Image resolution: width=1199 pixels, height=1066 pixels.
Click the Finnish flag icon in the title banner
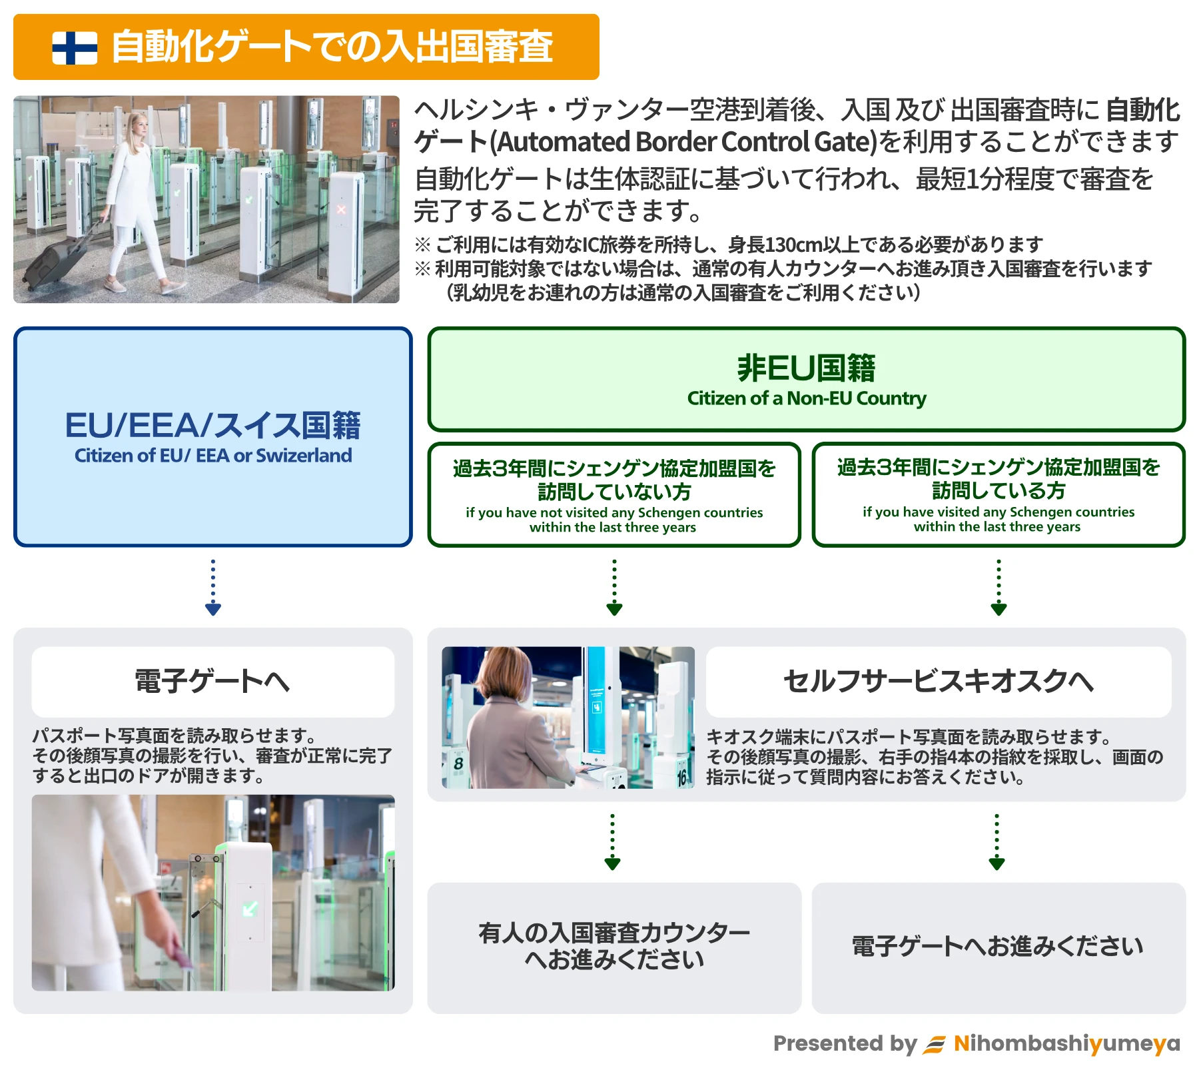75,48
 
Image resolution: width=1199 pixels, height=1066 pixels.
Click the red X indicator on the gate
341,210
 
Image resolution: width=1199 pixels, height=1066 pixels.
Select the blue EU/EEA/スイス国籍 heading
212,426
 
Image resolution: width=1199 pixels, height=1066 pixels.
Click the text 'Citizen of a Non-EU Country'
806,398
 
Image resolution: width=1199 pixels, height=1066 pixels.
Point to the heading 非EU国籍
806,368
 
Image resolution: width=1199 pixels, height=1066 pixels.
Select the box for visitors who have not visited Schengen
613,495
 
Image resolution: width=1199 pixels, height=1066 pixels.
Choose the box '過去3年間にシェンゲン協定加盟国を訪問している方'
998,495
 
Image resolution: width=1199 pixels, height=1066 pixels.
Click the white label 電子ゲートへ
212,682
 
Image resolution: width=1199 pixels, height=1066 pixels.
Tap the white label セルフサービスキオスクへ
938,682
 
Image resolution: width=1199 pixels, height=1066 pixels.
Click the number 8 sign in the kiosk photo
458,764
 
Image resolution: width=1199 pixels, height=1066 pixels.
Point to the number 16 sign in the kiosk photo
682,776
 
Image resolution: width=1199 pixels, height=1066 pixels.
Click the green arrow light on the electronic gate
250,909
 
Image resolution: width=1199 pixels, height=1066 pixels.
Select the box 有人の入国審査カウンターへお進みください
613,947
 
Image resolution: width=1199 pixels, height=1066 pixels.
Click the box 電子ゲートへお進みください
998,947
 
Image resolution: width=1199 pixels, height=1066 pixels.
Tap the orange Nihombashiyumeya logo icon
934,1044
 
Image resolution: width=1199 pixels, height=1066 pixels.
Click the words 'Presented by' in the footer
845,1043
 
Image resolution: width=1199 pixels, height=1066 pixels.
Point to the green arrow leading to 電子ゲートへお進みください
997,842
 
